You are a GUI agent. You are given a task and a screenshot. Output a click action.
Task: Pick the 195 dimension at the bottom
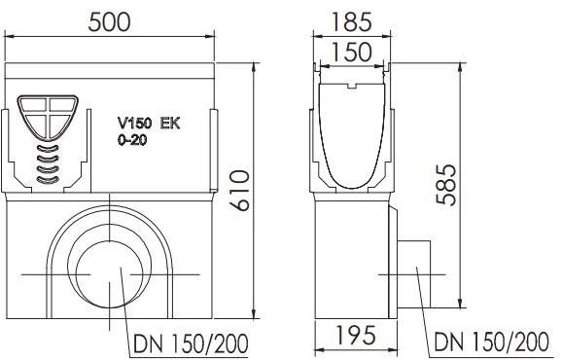click(357, 338)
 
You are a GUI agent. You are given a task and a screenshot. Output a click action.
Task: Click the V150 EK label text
click(149, 125)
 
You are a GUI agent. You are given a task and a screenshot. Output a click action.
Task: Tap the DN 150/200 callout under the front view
click(187, 342)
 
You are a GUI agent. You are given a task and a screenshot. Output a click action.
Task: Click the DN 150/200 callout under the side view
click(491, 342)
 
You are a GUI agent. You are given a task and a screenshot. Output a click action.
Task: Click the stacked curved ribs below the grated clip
click(47, 163)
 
